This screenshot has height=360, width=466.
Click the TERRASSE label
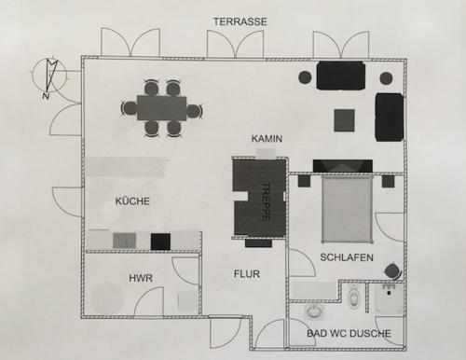(x=240, y=21)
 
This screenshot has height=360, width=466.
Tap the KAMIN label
(x=267, y=138)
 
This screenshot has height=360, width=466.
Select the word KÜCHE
(x=132, y=201)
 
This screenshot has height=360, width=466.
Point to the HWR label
(x=141, y=278)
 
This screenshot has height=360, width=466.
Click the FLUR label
(x=247, y=274)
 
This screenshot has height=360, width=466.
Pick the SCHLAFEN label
(x=347, y=257)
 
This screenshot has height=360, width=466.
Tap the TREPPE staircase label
(x=265, y=201)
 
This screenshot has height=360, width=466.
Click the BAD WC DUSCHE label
(x=349, y=333)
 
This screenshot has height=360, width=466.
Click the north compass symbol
(x=49, y=76)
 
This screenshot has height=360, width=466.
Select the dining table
(x=161, y=108)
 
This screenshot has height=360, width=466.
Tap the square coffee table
(x=344, y=120)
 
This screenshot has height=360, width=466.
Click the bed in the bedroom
(x=347, y=209)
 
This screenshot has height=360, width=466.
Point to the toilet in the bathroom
(x=353, y=296)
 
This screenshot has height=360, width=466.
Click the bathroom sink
(x=314, y=312)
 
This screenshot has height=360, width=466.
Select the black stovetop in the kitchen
(x=160, y=242)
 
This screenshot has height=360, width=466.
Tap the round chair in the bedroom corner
(x=393, y=271)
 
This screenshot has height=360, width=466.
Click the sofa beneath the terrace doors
(x=341, y=76)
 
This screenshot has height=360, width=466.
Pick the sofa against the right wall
(x=390, y=117)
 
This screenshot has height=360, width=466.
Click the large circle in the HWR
(x=106, y=298)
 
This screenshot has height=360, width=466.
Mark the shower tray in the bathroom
(x=389, y=298)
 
